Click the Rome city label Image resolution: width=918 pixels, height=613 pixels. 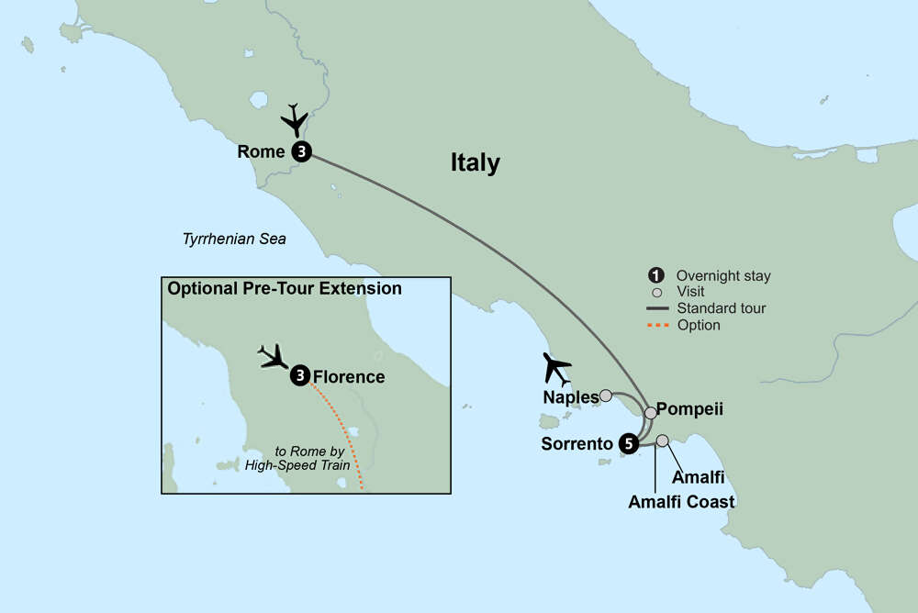261,152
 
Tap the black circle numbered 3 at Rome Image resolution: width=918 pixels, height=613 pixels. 299,152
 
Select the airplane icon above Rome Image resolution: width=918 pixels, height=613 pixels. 296,120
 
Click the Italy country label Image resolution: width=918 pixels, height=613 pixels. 475,163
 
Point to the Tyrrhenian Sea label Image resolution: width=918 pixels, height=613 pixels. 233,240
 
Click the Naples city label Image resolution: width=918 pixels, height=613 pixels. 568,397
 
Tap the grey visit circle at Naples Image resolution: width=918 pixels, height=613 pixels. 606,396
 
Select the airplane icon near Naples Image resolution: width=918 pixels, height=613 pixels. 556,368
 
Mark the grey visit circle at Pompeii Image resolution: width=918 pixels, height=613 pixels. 651,413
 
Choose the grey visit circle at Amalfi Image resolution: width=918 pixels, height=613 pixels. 662,440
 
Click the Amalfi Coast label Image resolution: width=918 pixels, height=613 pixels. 681,502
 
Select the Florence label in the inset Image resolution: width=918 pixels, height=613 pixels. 348,376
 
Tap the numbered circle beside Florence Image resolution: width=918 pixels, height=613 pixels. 299,376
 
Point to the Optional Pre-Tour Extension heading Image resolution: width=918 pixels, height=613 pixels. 284,288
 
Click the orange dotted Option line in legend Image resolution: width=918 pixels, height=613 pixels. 658,325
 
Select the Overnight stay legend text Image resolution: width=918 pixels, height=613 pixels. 722,275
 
